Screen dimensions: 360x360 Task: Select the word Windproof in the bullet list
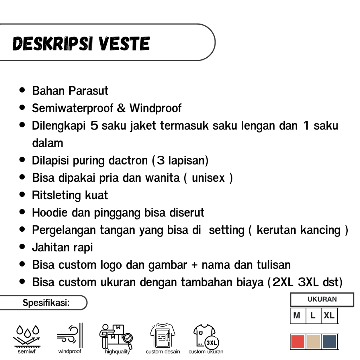[x=155, y=108]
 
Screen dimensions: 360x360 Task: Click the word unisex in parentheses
[x=208, y=178]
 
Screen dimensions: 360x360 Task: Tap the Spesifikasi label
[x=46, y=303]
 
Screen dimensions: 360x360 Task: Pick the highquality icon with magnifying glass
[x=116, y=336]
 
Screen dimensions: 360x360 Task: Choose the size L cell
[x=313, y=315]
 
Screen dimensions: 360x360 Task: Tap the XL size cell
[x=329, y=315]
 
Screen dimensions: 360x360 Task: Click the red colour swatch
[x=297, y=342]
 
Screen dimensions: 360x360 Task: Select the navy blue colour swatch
[x=329, y=342]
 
